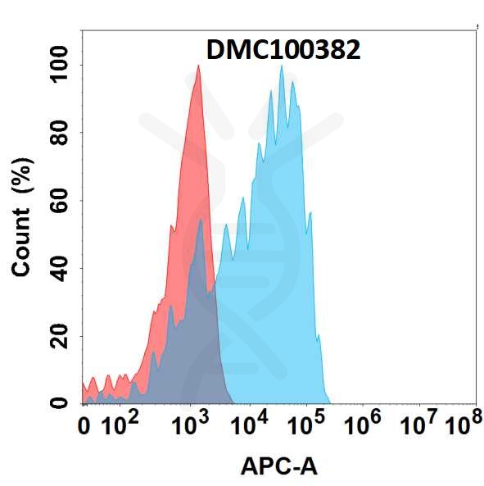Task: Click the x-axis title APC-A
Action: coord(278,467)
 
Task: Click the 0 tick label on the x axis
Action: coord(84,427)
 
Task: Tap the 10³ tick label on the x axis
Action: coord(193,425)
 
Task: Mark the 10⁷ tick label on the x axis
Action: coord(419,425)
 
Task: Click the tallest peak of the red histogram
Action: coord(197,67)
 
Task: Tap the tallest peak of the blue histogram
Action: coord(282,67)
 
